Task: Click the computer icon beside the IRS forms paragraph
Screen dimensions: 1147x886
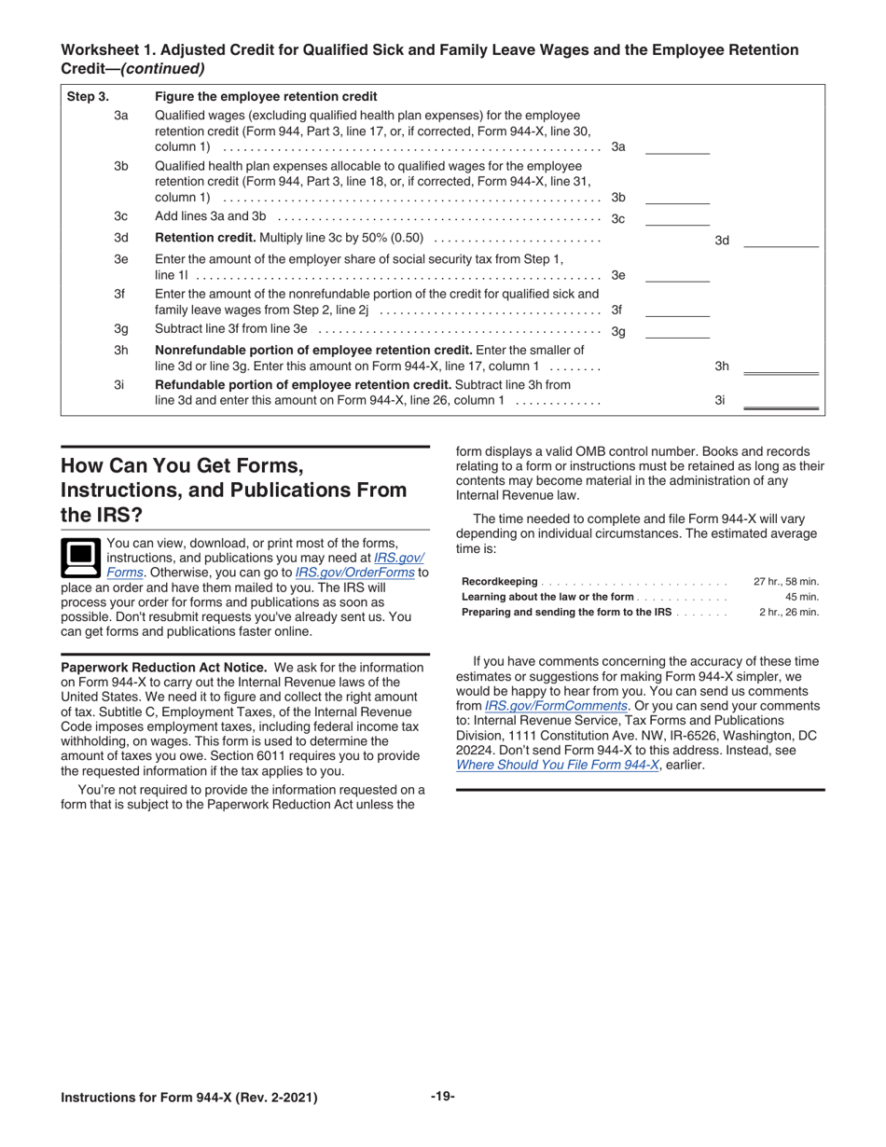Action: [79, 557]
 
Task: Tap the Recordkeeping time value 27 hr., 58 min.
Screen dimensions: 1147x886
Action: [785, 582]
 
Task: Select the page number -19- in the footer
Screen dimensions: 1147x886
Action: [442, 1097]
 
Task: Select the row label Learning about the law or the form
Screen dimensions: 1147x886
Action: [547, 597]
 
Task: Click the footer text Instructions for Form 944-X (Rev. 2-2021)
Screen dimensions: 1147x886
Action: [188, 1098]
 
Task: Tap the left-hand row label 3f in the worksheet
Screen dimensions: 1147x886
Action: [120, 294]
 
